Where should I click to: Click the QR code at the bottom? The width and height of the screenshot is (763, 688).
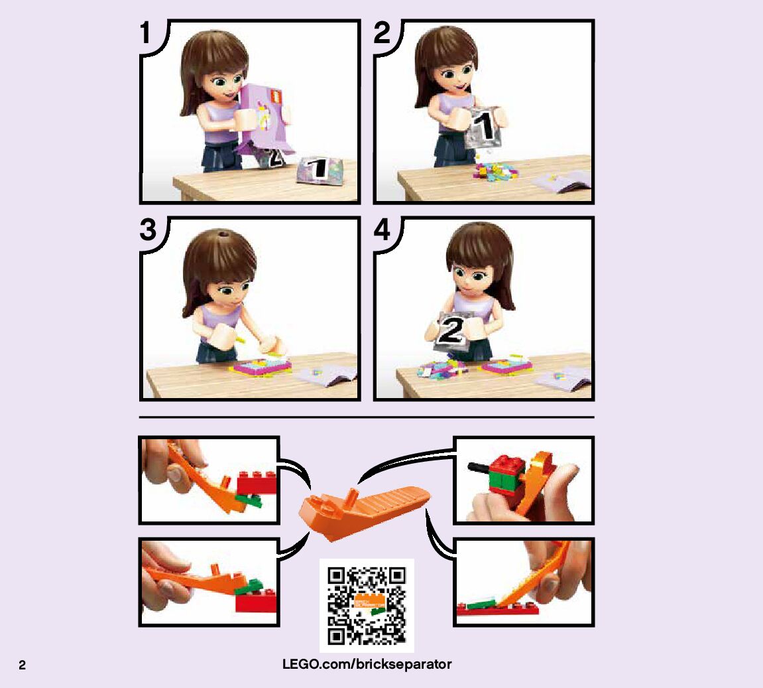coord(367,605)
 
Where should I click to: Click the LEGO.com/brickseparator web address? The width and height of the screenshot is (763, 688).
coord(367,664)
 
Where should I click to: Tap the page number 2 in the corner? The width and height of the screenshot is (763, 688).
coord(22,665)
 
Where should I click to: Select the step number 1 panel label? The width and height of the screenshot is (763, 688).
coord(145,33)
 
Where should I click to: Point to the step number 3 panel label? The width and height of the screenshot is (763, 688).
coord(148,230)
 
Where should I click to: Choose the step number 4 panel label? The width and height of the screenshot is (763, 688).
coord(382,230)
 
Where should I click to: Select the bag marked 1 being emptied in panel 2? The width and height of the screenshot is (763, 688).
coord(482,127)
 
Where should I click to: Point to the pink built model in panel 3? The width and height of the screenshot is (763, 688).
coord(261,366)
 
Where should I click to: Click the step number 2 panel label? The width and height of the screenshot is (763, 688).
coord(382,33)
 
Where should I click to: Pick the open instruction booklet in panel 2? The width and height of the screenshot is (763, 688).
coord(562,182)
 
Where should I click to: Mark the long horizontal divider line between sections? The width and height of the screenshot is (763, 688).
coord(367,417)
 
